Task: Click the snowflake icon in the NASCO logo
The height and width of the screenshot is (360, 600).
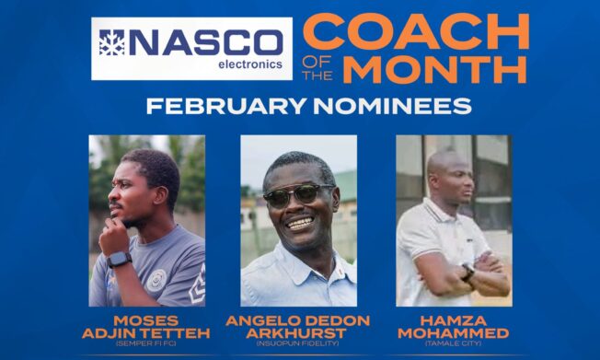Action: click(111, 43)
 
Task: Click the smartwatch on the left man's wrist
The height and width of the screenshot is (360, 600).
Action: click(118, 260)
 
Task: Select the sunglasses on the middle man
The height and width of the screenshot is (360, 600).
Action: click(296, 194)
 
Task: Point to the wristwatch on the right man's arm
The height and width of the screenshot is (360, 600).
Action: click(468, 272)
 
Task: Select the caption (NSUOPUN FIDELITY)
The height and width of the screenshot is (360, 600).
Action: click(298, 345)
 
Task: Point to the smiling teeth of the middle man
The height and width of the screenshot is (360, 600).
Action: click(299, 222)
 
